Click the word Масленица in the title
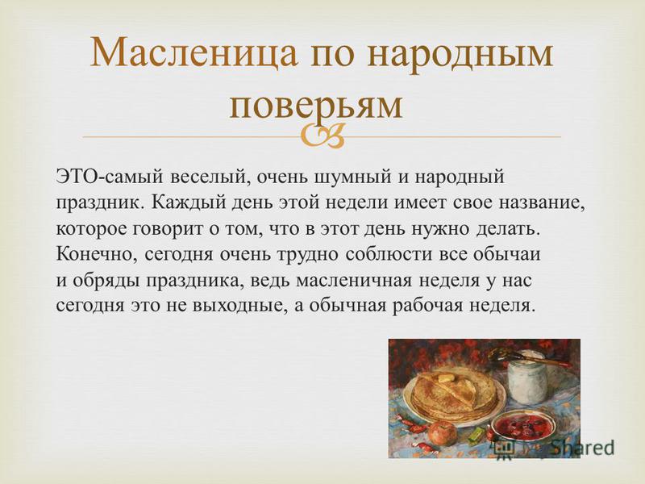pos(193,52)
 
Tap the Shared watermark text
pos(583,448)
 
